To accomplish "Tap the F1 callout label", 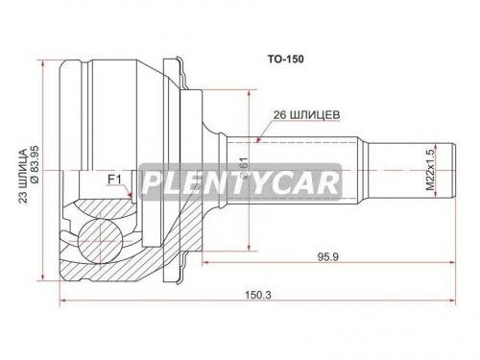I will [113, 179].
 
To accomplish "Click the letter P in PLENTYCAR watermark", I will [154, 180].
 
